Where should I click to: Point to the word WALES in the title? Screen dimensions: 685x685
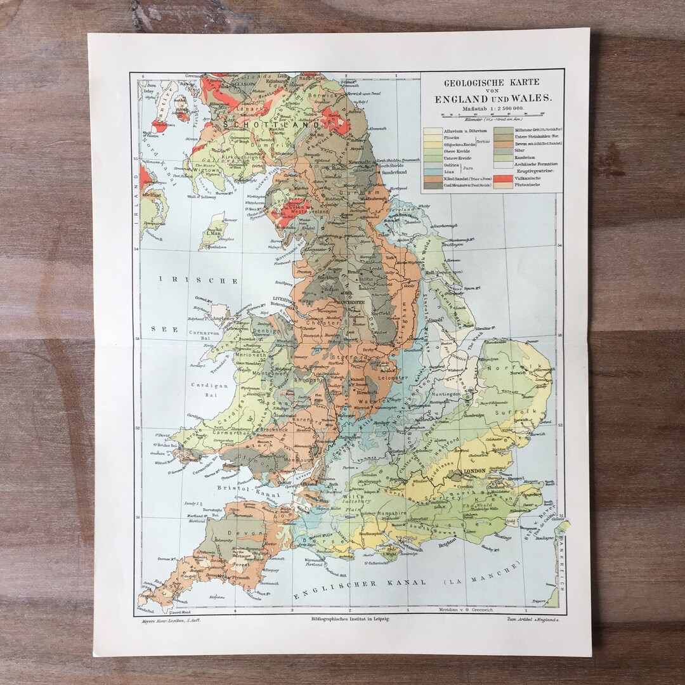pos(530,98)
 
